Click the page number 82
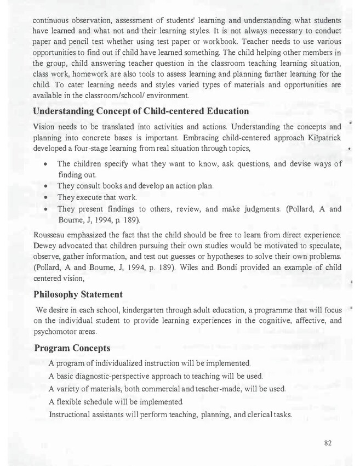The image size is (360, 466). point(328,443)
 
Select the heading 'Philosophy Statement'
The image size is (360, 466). point(78,294)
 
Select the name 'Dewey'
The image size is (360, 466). point(45,246)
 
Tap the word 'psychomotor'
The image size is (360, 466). point(57,332)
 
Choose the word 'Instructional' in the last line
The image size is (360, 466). point(72,414)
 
